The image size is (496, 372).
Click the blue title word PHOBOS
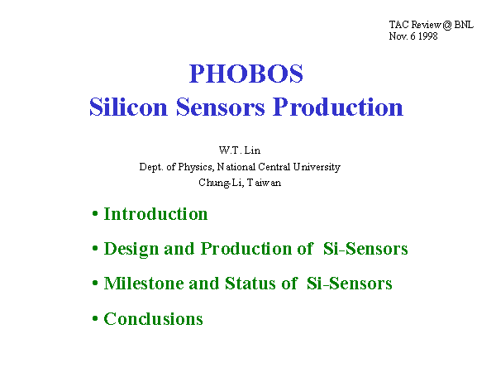click(x=246, y=74)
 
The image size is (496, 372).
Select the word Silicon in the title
click(x=128, y=107)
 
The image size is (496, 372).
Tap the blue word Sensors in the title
click(x=220, y=107)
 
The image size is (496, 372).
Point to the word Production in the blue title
click(x=338, y=107)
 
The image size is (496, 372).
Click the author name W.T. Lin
click(x=240, y=150)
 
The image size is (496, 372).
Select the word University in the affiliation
click(x=317, y=167)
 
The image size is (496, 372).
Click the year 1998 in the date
click(x=428, y=36)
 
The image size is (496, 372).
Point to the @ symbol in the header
click(x=447, y=25)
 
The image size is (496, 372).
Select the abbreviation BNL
click(x=464, y=24)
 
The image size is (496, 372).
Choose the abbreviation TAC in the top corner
click(x=399, y=24)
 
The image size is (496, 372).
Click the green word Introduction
click(x=155, y=214)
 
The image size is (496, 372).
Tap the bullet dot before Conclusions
click(x=95, y=318)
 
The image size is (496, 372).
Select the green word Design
click(x=131, y=249)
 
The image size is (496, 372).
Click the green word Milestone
click(x=144, y=283)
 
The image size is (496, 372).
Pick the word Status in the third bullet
click(x=250, y=283)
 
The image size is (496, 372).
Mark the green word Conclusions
click(x=154, y=318)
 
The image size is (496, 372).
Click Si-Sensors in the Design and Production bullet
click(x=365, y=249)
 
